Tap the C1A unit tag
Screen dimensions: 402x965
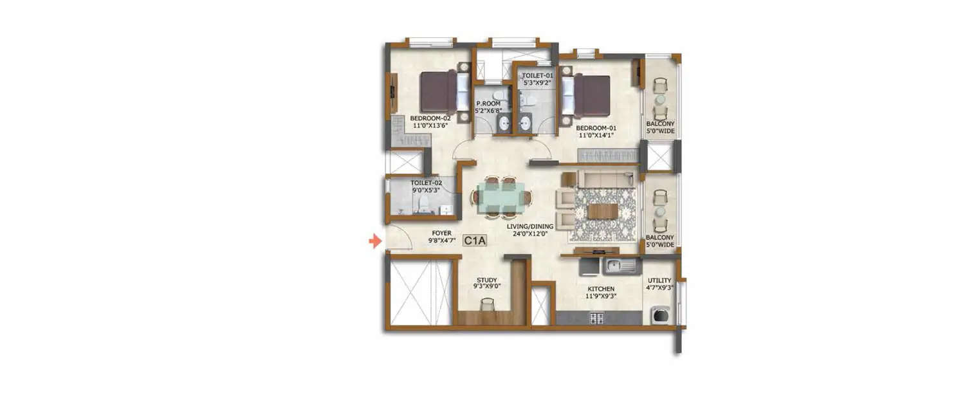point(474,241)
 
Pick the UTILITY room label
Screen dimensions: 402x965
point(660,284)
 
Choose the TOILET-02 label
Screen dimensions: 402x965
point(426,187)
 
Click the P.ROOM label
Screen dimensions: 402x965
point(489,107)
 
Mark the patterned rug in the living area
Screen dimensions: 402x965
point(603,214)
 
